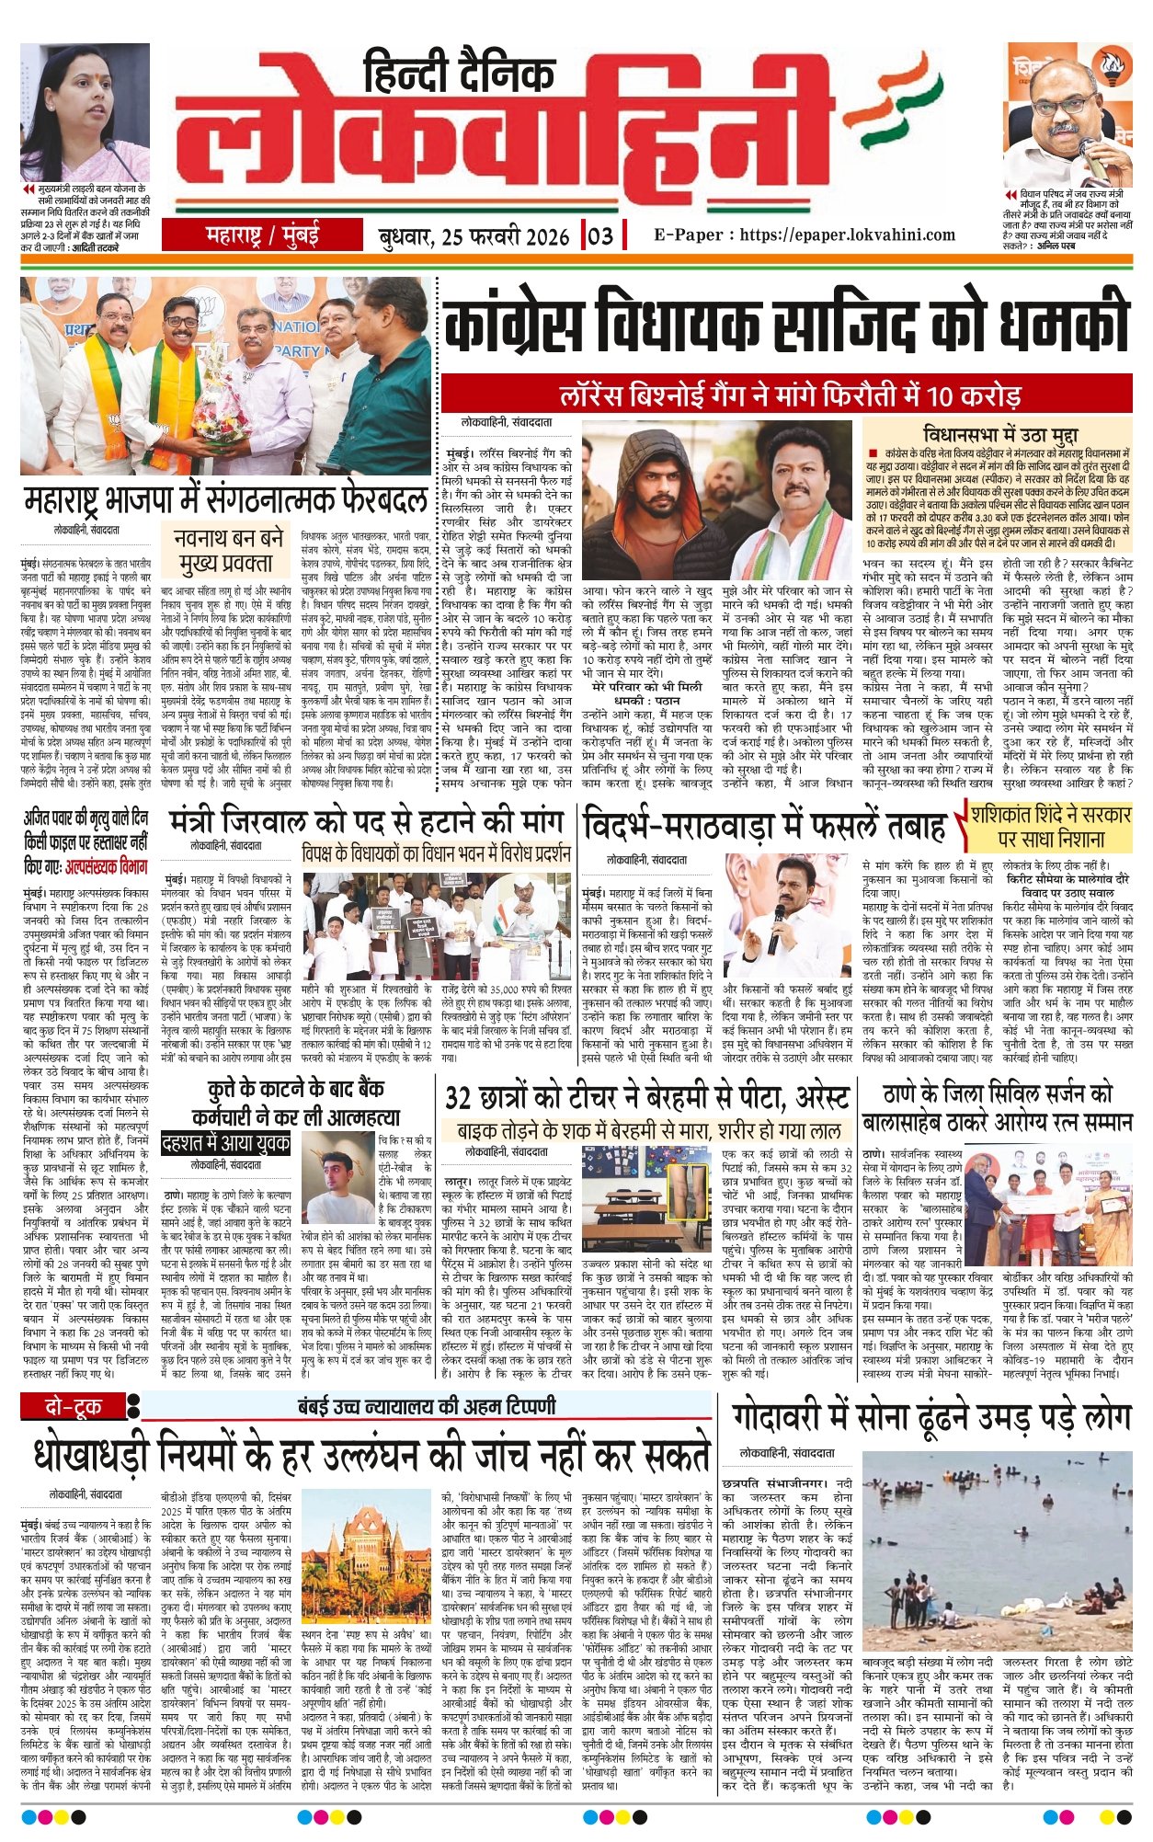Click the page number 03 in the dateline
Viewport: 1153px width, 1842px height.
click(599, 236)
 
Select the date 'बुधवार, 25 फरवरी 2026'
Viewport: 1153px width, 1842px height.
click(474, 236)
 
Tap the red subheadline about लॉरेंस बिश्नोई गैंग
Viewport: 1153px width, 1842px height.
click(790, 396)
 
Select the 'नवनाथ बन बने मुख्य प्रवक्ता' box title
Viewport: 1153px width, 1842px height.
click(227, 549)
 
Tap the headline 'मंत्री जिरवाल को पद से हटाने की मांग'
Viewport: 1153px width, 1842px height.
click(365, 820)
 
